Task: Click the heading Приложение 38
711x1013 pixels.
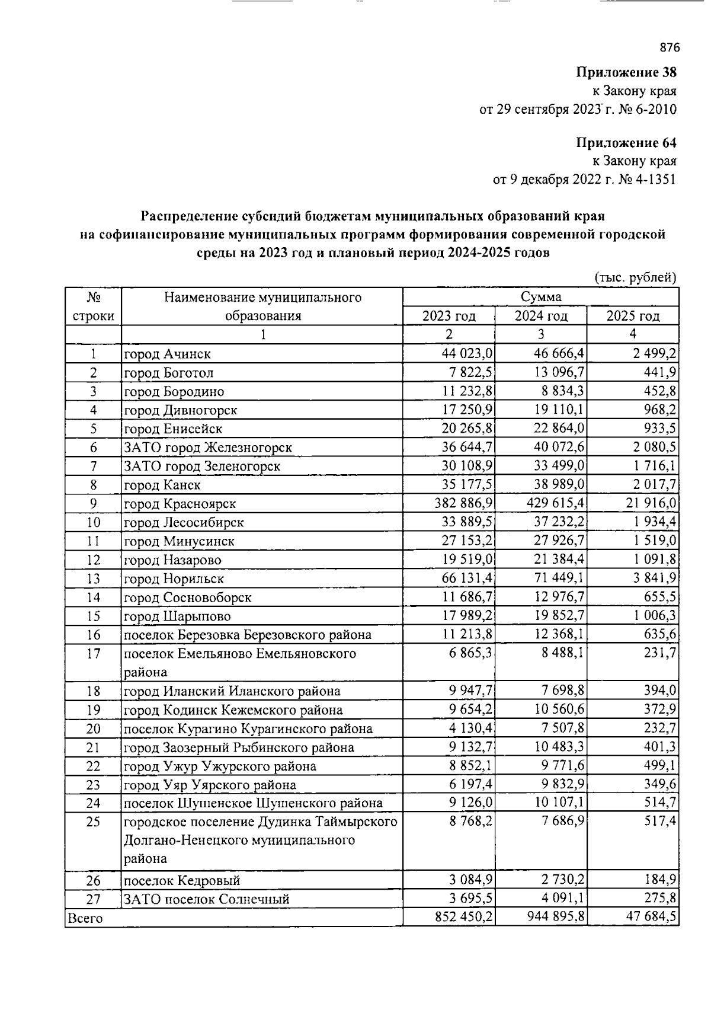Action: (x=626, y=72)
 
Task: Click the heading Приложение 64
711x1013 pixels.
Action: (x=626, y=142)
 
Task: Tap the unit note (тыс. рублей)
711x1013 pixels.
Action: (x=635, y=277)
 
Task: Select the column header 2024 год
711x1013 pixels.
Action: (x=540, y=316)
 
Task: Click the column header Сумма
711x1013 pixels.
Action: (x=540, y=297)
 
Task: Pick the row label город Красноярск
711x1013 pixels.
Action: (x=180, y=504)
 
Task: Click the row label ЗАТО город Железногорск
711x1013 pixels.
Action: (x=207, y=448)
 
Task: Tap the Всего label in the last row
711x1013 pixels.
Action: (x=85, y=918)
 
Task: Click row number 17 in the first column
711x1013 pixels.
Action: (x=93, y=654)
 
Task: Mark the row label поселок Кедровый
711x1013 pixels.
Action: (x=182, y=881)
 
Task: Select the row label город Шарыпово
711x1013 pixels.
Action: (x=177, y=616)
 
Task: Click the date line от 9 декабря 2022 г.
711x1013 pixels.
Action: (x=584, y=179)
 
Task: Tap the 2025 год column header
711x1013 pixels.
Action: (x=633, y=316)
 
